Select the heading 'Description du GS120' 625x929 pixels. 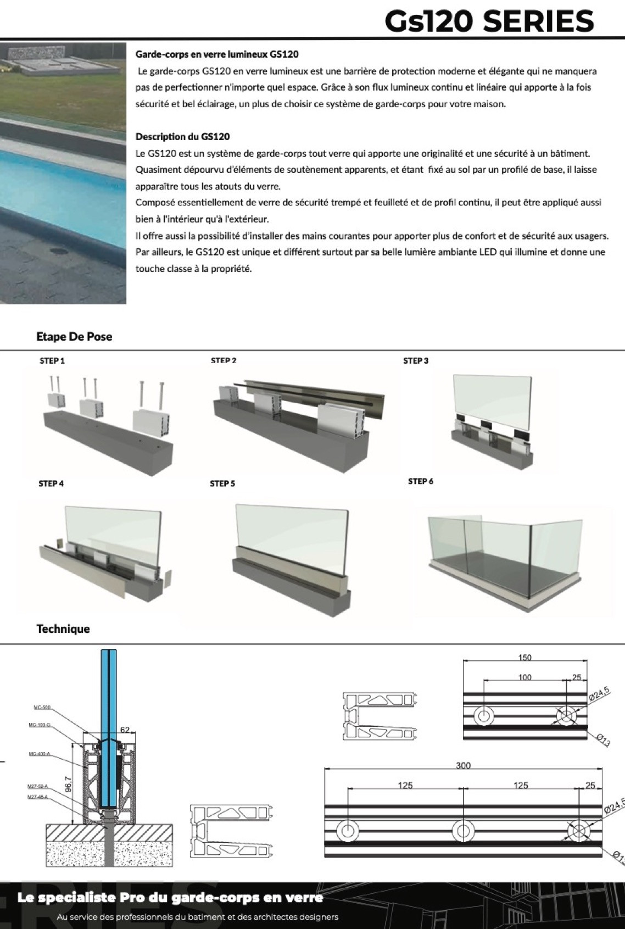point(182,137)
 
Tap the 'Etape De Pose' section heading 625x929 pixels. point(74,337)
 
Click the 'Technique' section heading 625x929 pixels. point(63,629)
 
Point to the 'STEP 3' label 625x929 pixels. point(416,361)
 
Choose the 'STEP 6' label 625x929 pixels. point(421,481)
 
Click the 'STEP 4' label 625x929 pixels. point(51,483)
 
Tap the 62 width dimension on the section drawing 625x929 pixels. point(125,730)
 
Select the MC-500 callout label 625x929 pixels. point(42,707)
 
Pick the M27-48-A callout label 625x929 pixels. point(37,797)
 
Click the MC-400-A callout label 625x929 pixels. point(39,753)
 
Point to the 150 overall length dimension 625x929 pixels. point(524,658)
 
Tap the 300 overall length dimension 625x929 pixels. point(463,765)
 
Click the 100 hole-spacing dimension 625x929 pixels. point(524,677)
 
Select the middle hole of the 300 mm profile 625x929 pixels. point(462,830)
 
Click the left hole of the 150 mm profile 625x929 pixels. point(484,716)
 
